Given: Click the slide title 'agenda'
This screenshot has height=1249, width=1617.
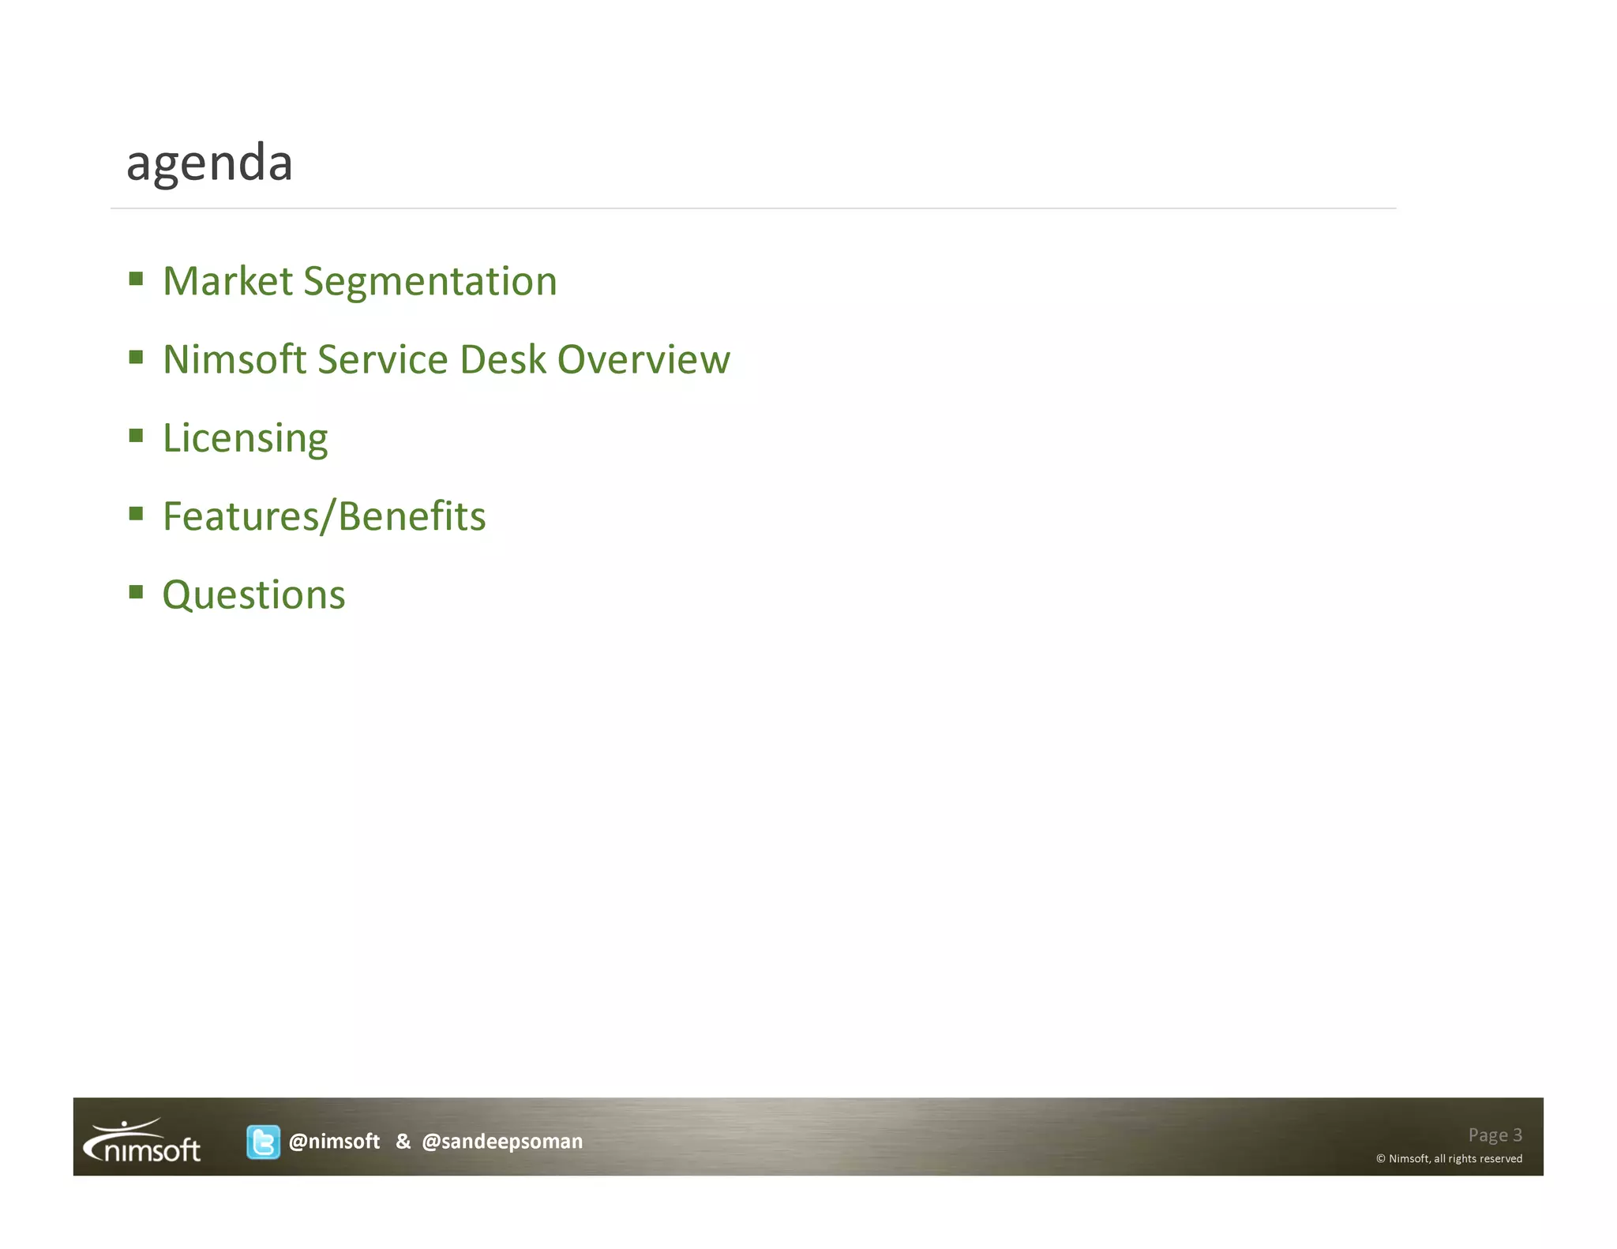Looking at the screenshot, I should [x=209, y=163].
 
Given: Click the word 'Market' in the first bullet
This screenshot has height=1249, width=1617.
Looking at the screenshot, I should [x=227, y=282].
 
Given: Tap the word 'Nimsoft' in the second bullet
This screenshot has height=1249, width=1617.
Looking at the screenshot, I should [x=234, y=360].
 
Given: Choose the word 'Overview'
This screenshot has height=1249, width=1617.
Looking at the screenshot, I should [x=643, y=360].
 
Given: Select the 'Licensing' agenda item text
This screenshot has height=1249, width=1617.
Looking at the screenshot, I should [x=245, y=439].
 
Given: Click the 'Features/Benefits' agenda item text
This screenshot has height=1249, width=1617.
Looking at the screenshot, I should [x=324, y=517].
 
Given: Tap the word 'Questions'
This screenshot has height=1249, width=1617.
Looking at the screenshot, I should [x=253, y=595].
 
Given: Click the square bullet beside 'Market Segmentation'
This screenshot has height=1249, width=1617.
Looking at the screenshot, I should [x=136, y=279].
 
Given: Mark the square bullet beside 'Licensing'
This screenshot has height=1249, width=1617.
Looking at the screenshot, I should [x=136, y=436].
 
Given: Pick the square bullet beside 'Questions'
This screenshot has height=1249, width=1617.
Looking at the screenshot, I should [x=136, y=592].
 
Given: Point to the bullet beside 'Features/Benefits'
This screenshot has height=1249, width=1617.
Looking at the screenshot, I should [x=136, y=514].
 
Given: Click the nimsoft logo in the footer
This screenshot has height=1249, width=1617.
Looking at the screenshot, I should [x=142, y=1142].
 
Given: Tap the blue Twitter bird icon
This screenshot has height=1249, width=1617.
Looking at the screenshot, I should [x=263, y=1142].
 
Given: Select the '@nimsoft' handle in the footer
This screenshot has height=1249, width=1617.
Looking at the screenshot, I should [x=334, y=1142].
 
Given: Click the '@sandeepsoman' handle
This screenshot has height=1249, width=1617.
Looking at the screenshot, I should [x=502, y=1142].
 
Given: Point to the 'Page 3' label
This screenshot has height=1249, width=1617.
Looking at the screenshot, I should [x=1495, y=1135].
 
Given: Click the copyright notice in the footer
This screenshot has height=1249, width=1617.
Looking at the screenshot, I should [x=1449, y=1159].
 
